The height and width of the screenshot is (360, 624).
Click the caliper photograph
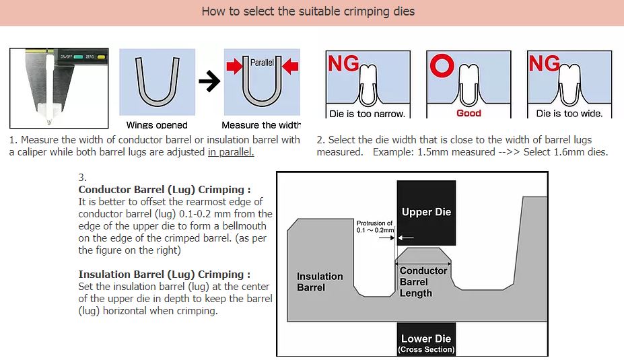(59, 87)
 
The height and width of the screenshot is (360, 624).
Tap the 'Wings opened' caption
(157, 125)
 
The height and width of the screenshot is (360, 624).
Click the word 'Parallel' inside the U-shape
(262, 63)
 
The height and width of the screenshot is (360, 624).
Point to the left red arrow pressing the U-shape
(234, 67)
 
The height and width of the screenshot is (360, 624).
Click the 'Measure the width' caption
(261, 125)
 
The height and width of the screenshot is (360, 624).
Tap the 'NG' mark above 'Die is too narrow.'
(343, 65)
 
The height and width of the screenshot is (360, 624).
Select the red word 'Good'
(469, 113)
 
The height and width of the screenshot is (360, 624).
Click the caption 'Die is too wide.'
(569, 114)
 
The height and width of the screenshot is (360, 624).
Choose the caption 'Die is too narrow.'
(367, 114)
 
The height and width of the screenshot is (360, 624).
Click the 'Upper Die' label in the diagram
(426, 212)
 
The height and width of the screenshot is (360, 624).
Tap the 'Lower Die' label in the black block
(426, 339)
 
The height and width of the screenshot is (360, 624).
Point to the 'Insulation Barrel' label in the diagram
(320, 282)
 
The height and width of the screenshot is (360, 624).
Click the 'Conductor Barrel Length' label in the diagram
(423, 282)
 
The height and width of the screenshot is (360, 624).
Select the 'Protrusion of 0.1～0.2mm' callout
(374, 227)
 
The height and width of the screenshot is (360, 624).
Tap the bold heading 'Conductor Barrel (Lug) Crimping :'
(164, 190)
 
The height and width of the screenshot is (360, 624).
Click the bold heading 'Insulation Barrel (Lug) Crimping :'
(164, 275)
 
